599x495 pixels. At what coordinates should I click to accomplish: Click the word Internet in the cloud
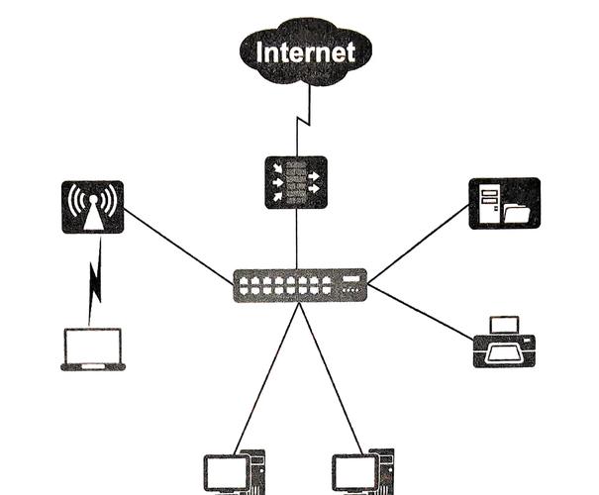[305, 50]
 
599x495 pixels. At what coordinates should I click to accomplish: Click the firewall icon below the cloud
[296, 182]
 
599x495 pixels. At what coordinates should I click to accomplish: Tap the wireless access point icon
[93, 207]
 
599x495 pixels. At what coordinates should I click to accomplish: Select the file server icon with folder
[504, 203]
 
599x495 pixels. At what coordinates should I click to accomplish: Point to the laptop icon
[93, 349]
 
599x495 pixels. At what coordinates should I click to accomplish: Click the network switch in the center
[300, 285]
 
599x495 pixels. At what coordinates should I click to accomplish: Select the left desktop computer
[234, 471]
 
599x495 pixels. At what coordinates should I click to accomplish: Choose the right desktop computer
[362, 471]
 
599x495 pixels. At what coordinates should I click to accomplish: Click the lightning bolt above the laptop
[95, 282]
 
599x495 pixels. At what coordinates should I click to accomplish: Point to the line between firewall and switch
[296, 238]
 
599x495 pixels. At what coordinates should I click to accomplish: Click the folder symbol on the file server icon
[517, 211]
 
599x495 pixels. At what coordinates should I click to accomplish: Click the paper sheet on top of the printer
[505, 324]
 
